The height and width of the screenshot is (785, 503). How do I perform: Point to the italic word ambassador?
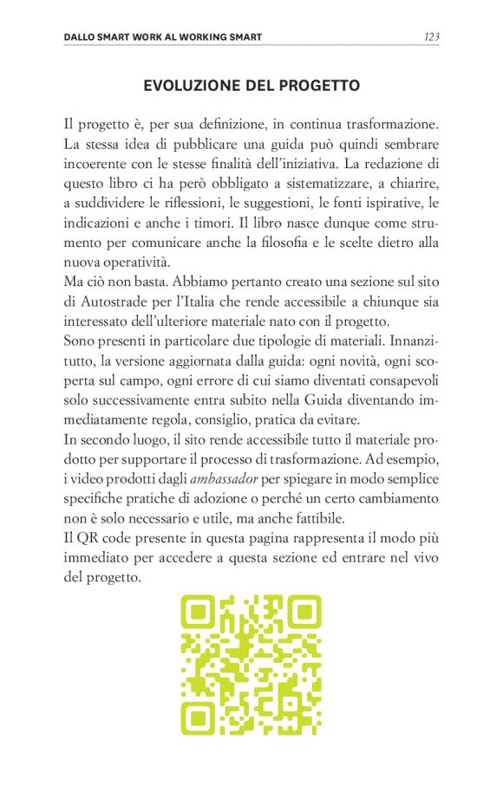coord(220,480)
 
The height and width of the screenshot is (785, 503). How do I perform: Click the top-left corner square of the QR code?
coord(197,613)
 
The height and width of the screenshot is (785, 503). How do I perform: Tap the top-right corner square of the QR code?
coord(305,613)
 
